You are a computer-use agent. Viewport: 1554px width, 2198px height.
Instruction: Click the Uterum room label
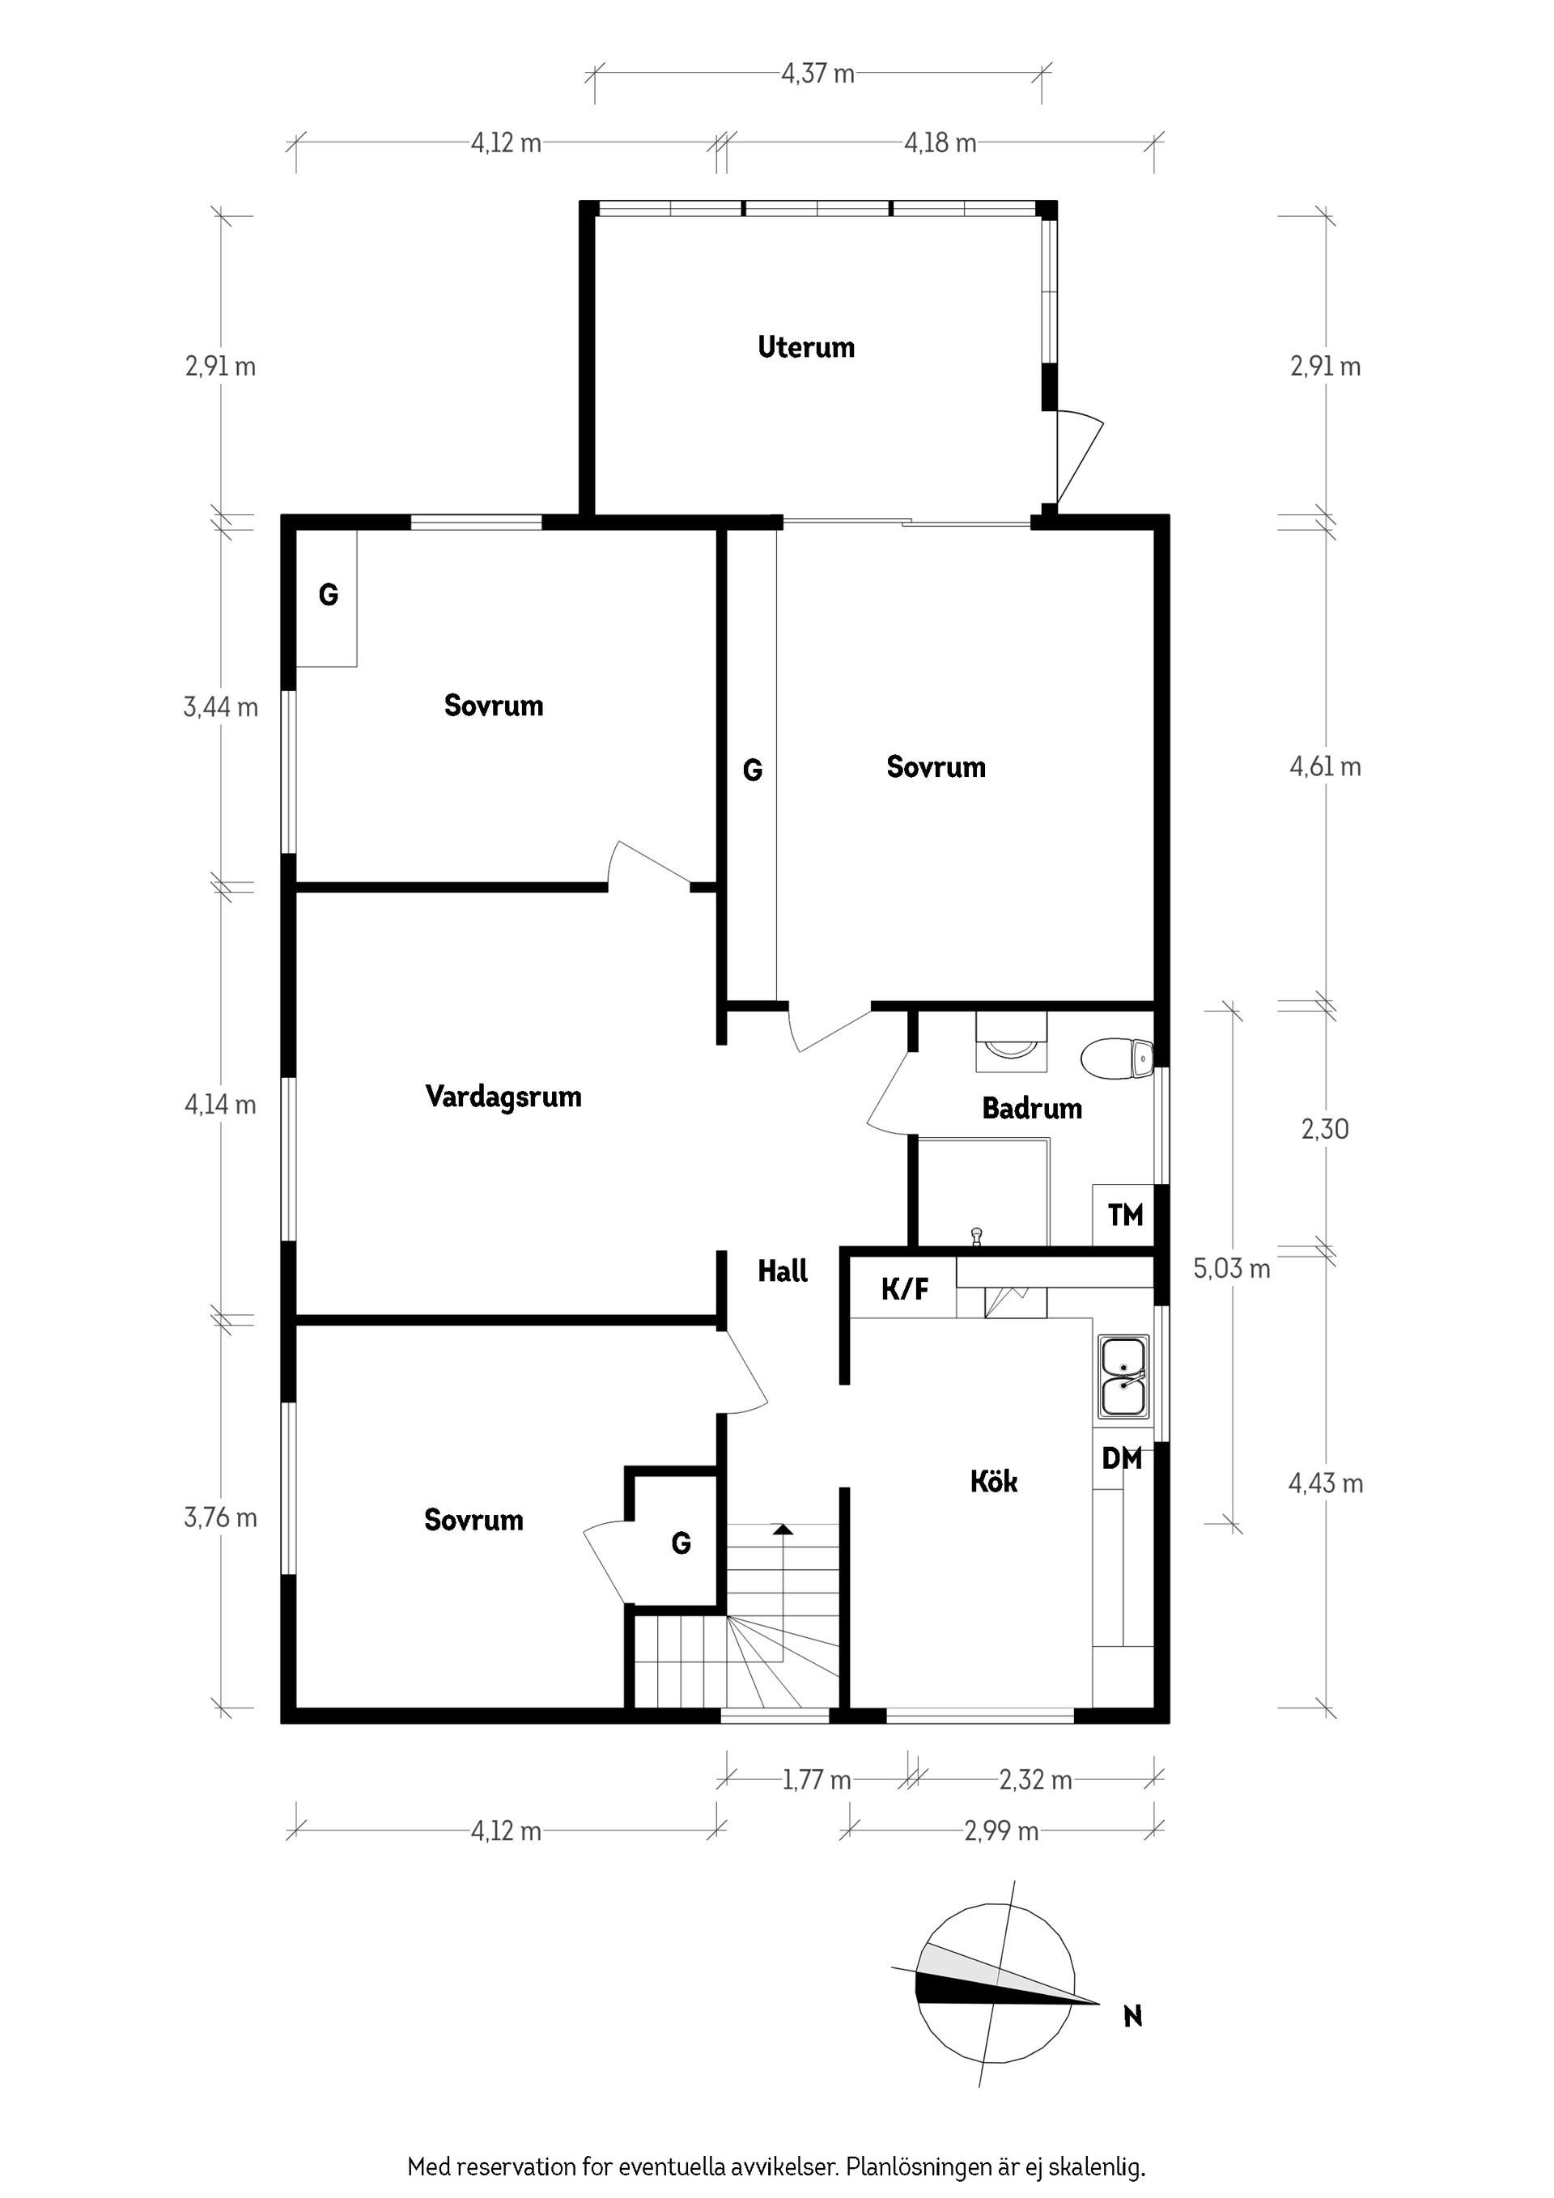point(806,347)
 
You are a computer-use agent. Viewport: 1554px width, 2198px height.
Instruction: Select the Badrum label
point(1032,1109)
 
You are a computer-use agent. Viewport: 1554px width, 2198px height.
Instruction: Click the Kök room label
point(994,1482)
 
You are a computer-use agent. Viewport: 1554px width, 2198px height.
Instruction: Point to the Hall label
point(783,1271)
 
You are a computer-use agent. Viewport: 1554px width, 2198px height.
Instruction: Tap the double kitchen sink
point(1124,1377)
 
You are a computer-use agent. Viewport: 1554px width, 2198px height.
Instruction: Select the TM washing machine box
point(1124,1216)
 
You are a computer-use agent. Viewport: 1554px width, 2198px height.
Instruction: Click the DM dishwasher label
point(1121,1459)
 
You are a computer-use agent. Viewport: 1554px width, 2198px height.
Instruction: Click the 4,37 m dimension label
point(817,74)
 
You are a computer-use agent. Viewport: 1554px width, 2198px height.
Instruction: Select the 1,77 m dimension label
point(816,1780)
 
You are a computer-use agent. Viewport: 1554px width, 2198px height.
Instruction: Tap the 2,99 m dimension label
point(1000,1831)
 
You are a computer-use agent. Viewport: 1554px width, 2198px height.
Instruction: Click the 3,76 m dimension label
point(220,1518)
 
